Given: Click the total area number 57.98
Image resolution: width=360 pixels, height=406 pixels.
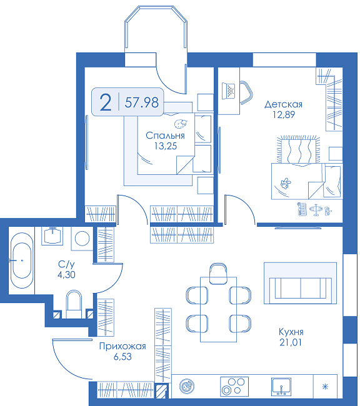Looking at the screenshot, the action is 141,102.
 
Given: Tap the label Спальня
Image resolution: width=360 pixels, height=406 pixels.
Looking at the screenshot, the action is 165,136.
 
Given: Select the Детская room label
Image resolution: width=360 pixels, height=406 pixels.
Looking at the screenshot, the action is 283,104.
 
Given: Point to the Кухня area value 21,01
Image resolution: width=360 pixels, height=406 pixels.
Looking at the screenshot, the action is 291,342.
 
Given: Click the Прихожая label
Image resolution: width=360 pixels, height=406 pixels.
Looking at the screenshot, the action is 122,346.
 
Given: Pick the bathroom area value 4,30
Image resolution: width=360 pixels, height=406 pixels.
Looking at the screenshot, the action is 66,274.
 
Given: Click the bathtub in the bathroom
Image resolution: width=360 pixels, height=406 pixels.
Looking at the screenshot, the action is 22,260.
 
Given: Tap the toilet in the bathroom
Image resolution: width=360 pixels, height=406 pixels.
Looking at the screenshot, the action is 74,304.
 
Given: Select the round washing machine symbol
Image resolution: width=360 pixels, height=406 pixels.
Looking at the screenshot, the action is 82,238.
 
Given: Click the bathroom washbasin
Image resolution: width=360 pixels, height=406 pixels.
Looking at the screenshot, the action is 52,235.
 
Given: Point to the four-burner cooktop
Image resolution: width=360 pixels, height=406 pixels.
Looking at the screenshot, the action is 234,387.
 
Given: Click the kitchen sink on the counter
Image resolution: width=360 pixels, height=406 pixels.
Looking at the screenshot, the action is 281,387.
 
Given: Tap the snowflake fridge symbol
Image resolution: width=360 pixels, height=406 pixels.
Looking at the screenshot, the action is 325,387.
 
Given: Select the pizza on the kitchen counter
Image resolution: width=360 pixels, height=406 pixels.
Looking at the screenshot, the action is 187,386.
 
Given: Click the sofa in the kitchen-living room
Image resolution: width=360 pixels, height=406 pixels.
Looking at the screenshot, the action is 301,288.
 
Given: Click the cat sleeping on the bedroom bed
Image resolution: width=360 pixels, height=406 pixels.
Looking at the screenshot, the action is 181,124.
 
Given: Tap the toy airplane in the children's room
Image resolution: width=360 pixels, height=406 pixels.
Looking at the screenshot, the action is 316,209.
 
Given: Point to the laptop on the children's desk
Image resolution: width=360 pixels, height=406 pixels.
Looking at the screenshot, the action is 229,91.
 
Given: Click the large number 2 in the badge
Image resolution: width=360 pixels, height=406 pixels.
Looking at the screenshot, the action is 106,102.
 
